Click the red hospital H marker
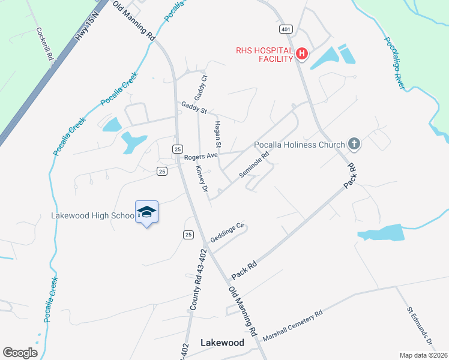point(303,55)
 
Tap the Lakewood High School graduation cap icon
point(147,212)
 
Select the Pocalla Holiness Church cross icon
point(354,144)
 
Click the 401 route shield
point(285,29)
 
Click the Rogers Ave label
point(201,157)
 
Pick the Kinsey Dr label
point(201,179)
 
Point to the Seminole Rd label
point(254,163)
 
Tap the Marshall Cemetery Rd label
point(293,325)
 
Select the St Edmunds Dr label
point(420,326)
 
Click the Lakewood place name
point(221,343)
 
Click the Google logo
point(20,353)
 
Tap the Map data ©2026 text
point(424,355)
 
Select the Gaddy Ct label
point(200,87)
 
